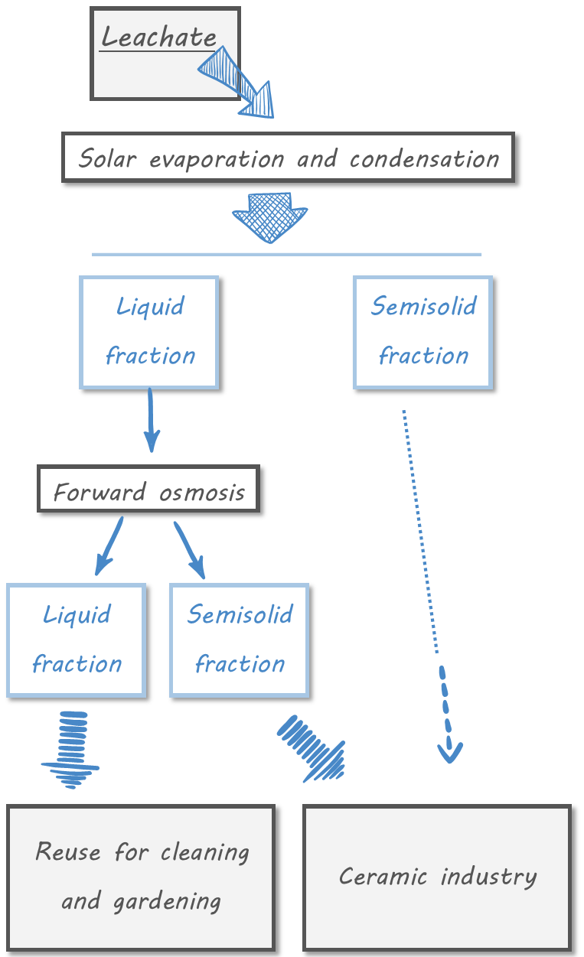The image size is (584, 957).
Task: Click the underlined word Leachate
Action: click(x=159, y=37)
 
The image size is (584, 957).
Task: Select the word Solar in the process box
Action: click(x=108, y=159)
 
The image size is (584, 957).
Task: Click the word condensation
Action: click(x=424, y=159)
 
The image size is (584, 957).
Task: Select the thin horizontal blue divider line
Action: click(x=286, y=254)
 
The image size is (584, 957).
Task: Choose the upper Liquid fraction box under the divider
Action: click(x=150, y=332)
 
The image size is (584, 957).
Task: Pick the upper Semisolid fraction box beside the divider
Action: click(x=423, y=332)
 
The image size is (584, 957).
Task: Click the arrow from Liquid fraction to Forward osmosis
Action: click(x=151, y=419)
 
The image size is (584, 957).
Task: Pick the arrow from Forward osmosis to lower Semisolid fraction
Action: click(x=190, y=549)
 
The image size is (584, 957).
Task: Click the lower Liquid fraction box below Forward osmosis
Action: click(x=77, y=640)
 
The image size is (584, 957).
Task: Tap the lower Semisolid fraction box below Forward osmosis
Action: click(x=240, y=640)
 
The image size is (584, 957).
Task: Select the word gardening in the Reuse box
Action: click(x=167, y=901)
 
